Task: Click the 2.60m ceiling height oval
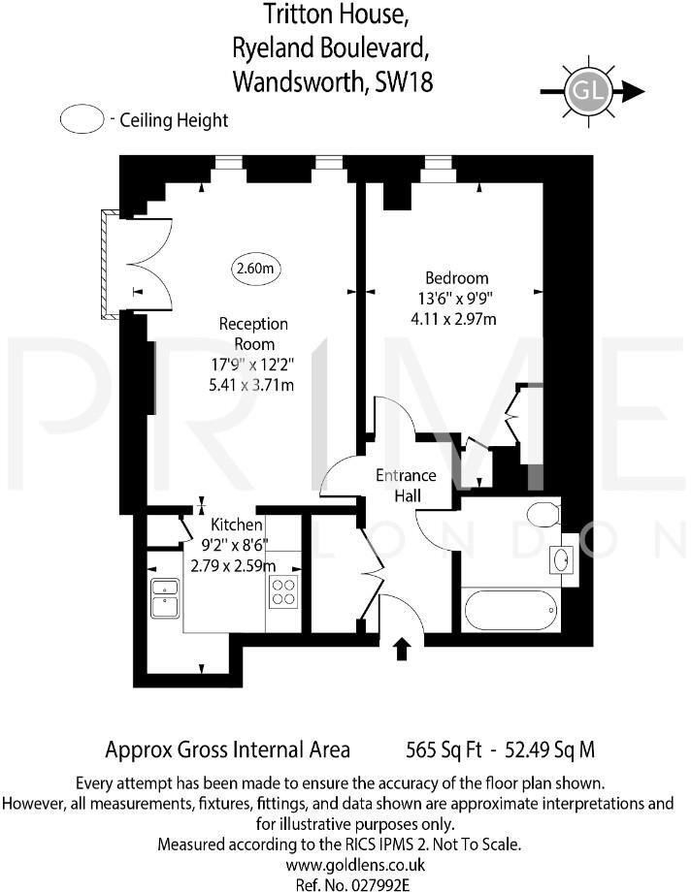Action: (x=254, y=268)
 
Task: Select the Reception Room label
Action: (x=253, y=334)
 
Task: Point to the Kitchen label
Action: (x=237, y=525)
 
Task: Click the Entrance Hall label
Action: (x=407, y=486)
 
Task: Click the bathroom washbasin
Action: (x=561, y=560)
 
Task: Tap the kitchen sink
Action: (x=163, y=597)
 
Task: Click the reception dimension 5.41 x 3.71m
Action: (x=253, y=385)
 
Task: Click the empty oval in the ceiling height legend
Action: (x=82, y=120)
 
